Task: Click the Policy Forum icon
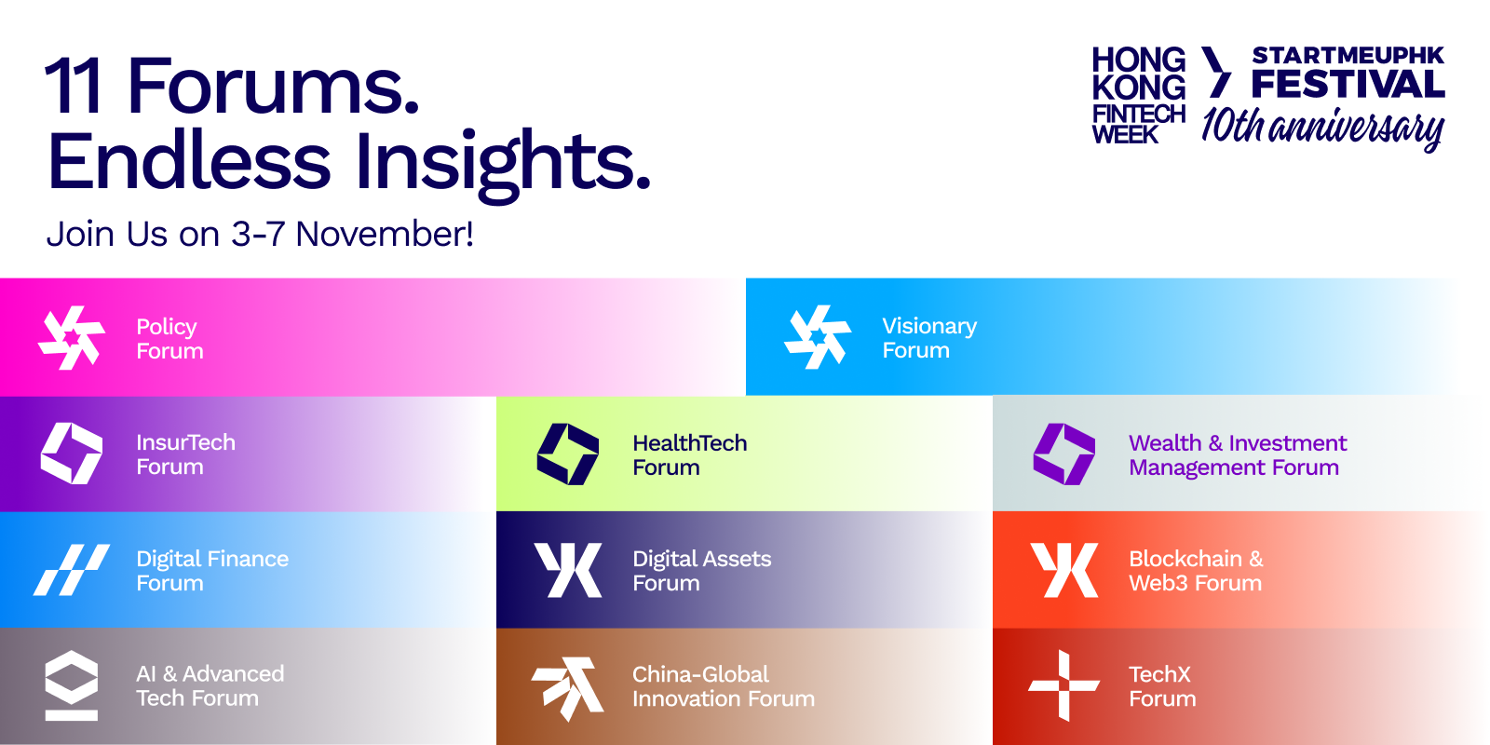click(x=71, y=338)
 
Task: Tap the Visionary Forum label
click(x=929, y=338)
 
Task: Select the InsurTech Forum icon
click(x=72, y=454)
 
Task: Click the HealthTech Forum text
click(x=690, y=455)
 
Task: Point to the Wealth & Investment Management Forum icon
click(x=1063, y=454)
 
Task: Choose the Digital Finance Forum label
click(x=212, y=571)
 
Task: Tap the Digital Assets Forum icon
click(x=568, y=570)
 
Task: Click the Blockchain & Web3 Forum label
click(x=1196, y=571)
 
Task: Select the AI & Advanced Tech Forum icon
click(x=71, y=685)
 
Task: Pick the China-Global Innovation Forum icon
click(x=567, y=688)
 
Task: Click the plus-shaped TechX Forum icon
click(x=1063, y=685)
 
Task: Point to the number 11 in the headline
click(x=74, y=87)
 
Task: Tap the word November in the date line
click(x=385, y=234)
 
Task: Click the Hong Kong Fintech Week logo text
click(x=1139, y=95)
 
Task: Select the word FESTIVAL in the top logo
click(x=1348, y=84)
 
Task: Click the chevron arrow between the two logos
click(x=1216, y=72)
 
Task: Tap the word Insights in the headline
click(x=502, y=165)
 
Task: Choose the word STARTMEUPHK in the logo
click(x=1348, y=55)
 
